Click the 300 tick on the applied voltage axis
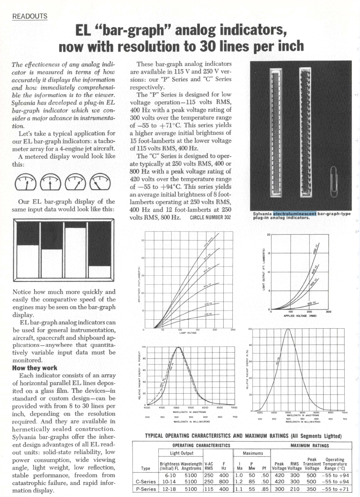(x=328, y=312)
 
